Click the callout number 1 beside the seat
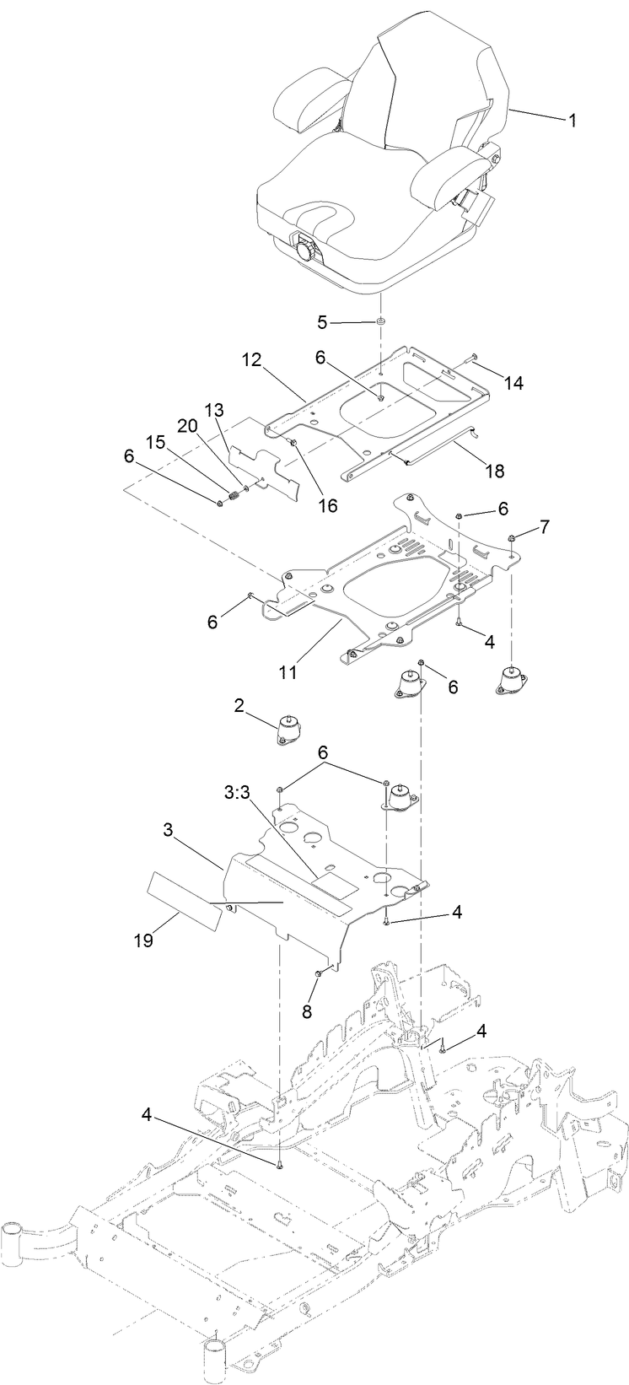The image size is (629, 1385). pos(572,121)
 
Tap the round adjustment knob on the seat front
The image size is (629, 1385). pos(304,251)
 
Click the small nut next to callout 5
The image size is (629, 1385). pos(380,321)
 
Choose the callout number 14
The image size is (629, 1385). pos(513,383)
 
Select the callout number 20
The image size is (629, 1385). pos(188,427)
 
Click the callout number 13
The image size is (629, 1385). pos(214,411)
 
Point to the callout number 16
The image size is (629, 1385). pos(326,505)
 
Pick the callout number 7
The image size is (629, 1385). pos(545,527)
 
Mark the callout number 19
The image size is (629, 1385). pos(144,940)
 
